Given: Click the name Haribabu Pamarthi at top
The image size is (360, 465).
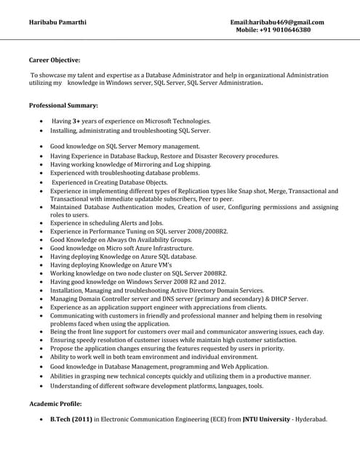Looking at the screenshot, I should point(57,22).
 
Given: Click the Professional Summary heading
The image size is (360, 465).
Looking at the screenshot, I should point(63,106).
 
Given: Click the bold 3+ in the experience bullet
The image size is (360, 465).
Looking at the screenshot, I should point(76,121).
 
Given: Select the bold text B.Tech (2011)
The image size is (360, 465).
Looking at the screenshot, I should point(71,420).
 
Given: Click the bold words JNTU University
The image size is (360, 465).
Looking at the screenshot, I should point(266,420).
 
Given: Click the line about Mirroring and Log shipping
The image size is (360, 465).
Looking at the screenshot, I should point(131,165).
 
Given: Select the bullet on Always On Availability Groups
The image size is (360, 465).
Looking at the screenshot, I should point(121,240).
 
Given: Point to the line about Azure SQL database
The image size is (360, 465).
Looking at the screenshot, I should point(123,257).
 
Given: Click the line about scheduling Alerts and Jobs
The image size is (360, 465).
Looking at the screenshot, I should point(107,223).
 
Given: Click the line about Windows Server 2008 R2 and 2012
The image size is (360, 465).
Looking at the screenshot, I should point(137,282).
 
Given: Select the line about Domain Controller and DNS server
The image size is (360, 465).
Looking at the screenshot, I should point(179,299).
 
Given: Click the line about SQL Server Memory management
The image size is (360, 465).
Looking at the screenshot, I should point(124,147).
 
